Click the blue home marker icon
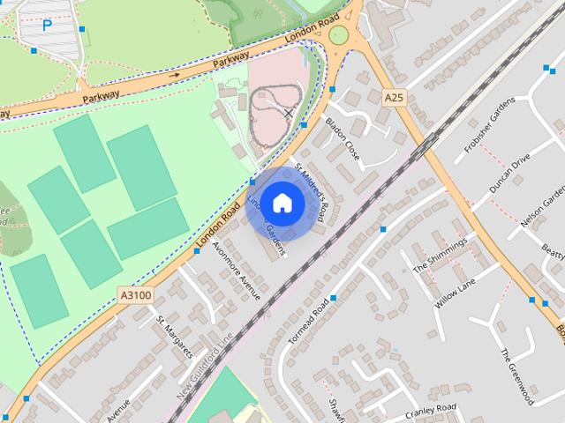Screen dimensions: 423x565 coord(282,204)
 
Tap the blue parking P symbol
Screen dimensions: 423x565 coord(47,26)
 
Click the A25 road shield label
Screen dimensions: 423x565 coord(394,98)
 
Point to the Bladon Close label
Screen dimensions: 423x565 coord(343,137)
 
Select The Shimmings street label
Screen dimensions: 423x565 coord(438,256)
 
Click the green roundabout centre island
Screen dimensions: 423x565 coord(338,34)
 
